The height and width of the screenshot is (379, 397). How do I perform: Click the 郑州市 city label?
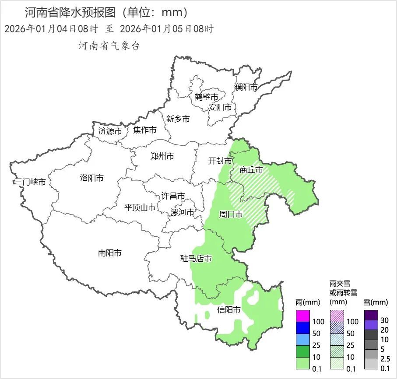(162, 156)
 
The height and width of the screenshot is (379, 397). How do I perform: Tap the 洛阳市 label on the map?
(92, 178)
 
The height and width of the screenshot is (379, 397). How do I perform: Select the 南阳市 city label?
(109, 253)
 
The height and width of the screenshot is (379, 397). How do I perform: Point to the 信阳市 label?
(229, 310)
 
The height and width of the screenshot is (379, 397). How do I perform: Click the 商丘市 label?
(251, 170)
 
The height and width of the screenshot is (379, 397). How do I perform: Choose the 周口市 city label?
(231, 214)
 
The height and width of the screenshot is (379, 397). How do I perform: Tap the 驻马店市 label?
(196, 259)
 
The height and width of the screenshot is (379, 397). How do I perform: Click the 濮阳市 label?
(246, 87)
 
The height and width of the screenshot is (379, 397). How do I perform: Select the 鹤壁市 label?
(206, 97)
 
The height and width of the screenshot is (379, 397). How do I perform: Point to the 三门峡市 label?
(30, 182)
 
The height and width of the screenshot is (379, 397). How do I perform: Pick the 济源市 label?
(110, 130)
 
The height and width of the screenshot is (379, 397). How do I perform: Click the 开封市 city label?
(220, 161)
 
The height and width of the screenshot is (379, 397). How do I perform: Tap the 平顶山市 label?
(140, 207)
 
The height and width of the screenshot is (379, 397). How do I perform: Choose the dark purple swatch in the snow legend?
(371, 315)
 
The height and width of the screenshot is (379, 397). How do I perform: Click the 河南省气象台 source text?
(109, 46)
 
